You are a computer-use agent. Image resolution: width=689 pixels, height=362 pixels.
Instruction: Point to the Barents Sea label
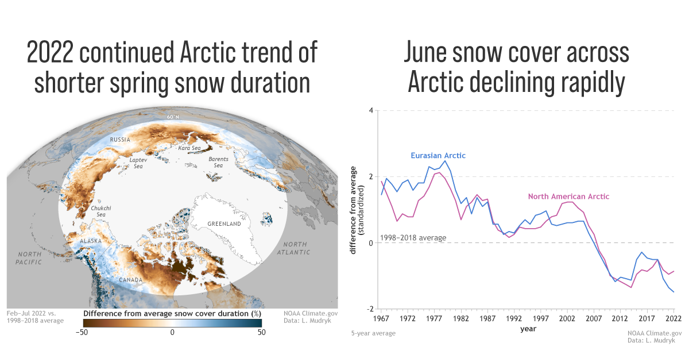point(218,162)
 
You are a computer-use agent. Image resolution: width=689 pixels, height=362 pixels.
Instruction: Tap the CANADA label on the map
point(131,280)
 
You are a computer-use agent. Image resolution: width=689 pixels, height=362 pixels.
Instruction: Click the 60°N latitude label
point(173,117)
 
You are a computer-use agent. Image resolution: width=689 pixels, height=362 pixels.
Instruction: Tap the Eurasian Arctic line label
point(438,156)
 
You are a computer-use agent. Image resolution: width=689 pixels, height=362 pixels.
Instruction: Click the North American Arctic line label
point(568,197)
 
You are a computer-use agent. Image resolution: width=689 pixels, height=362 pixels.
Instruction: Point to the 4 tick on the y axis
point(371,111)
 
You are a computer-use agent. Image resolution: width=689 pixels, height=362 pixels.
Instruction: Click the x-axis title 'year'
point(528,329)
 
